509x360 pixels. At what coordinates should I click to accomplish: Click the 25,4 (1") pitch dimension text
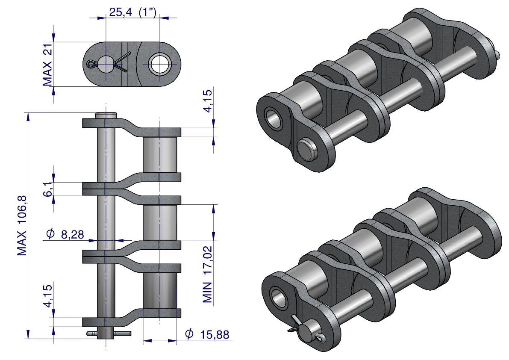click(x=133, y=13)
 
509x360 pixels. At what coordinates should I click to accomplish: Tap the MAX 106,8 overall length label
click(x=22, y=226)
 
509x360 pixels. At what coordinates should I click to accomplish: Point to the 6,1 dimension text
click(x=48, y=189)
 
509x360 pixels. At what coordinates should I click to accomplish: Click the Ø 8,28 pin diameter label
click(x=65, y=234)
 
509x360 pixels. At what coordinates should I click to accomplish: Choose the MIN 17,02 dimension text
click(x=208, y=274)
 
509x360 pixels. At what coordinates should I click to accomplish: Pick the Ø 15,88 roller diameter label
click(x=207, y=334)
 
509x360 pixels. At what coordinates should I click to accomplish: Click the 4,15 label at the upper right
click(x=208, y=100)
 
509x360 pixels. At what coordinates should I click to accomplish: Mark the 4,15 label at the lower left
click(x=48, y=295)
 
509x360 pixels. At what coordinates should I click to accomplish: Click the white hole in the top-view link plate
click(x=159, y=64)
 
